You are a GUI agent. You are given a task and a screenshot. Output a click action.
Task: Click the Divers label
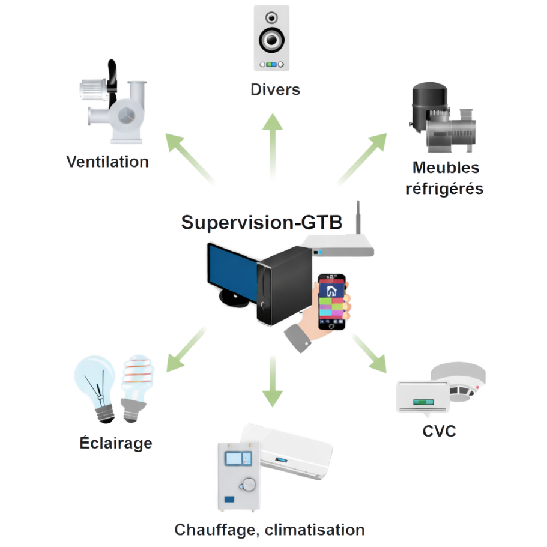tap(274, 91)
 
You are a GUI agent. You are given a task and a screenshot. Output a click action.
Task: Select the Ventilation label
tap(107, 162)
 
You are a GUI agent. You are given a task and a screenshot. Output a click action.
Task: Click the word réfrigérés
tap(445, 188)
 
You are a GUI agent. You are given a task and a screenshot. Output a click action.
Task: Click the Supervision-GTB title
tap(262, 223)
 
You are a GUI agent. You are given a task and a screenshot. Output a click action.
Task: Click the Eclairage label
tap(116, 444)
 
